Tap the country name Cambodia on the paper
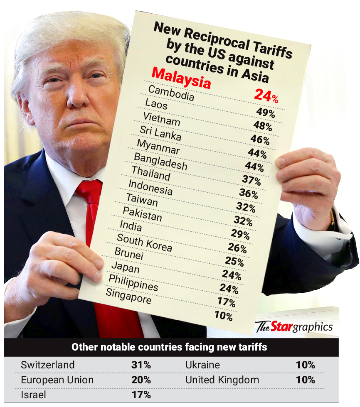pyautogui.click(x=171, y=93)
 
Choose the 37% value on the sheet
pyautogui.click(x=251, y=180)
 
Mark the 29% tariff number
pyautogui.click(x=240, y=235)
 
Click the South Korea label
pyautogui.click(x=144, y=243)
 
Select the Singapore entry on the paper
pyautogui.click(x=128, y=296)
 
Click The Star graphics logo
pyautogui.click(x=294, y=326)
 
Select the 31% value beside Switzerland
pyautogui.click(x=141, y=365)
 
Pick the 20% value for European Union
pyautogui.click(x=141, y=380)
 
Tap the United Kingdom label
pyautogui.click(x=222, y=380)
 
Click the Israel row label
pyautogui.click(x=33, y=395)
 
